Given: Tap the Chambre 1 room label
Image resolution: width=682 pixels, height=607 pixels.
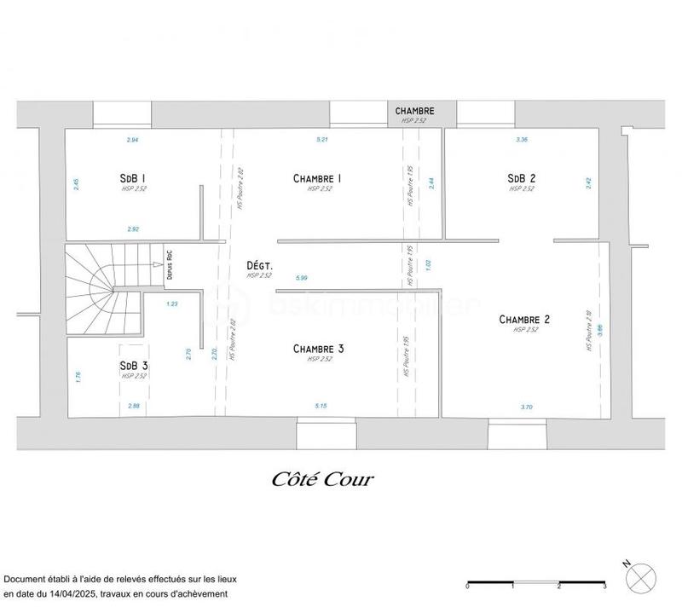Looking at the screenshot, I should [317, 178].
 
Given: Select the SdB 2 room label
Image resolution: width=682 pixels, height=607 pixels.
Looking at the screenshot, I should [521, 178].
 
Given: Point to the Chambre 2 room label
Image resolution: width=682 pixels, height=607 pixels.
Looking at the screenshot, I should [525, 320].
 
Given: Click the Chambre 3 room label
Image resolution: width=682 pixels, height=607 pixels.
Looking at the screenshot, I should [318, 349].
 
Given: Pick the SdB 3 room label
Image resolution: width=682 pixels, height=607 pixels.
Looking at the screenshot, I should [134, 365].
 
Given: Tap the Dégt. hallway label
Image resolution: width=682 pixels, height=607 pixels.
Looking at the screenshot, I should [259, 266].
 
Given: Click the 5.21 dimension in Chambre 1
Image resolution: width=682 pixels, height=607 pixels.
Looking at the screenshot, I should [321, 138].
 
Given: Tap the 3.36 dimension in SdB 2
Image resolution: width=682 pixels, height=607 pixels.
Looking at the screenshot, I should [523, 138].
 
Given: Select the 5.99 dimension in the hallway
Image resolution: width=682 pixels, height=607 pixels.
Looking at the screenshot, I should [301, 278].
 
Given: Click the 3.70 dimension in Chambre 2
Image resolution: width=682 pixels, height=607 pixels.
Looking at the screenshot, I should [526, 408].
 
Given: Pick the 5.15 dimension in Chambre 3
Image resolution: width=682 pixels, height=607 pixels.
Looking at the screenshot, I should [321, 406].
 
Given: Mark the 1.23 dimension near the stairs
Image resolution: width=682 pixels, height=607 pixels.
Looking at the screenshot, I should [172, 303].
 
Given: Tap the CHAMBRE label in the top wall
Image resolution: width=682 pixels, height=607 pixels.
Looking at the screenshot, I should [414, 111].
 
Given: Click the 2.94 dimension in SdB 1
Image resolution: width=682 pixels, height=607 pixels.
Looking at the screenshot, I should [132, 138].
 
